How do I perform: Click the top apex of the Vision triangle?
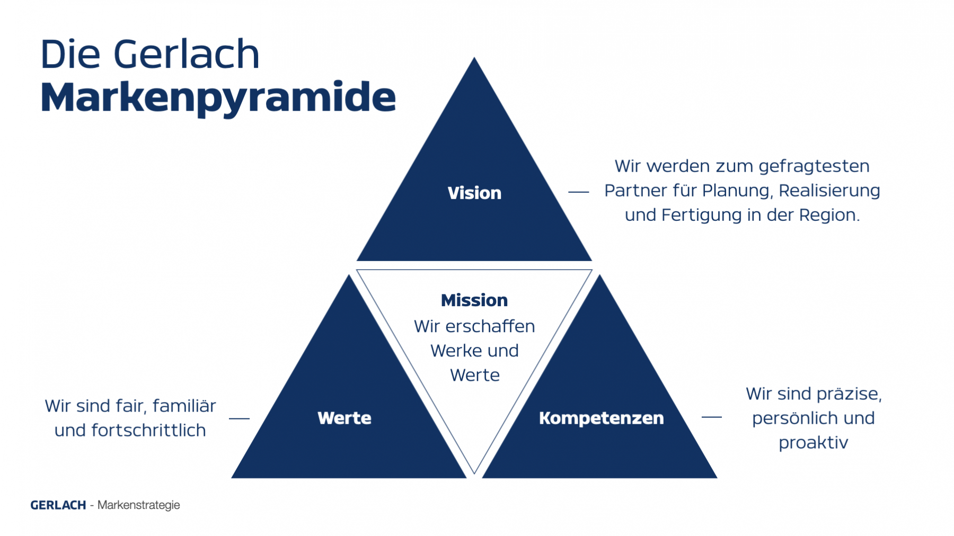474,58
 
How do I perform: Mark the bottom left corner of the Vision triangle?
357,261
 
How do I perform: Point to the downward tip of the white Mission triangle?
474,474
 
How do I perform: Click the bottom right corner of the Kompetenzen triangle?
717,478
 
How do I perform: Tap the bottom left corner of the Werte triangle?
232,478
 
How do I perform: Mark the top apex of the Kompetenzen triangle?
600,275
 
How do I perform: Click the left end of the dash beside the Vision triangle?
569,192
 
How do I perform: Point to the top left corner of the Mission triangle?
357,270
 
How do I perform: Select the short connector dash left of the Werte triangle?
239,418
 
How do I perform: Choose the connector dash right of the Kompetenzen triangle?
712,417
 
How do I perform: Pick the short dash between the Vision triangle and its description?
579,192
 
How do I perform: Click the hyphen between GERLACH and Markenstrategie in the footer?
92,506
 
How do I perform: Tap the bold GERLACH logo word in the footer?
58,505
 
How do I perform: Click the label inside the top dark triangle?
474,193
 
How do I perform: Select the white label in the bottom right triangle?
601,418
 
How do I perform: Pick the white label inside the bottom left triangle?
344,418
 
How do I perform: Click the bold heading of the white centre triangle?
474,300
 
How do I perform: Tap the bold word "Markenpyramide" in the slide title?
218,98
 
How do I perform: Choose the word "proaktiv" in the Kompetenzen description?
814,443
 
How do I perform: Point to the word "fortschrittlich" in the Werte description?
148,430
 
